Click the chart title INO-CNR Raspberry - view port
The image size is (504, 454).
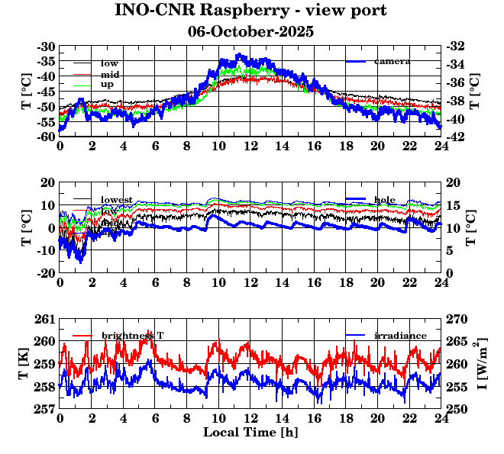coord(250,11)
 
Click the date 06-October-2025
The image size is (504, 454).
coord(250,32)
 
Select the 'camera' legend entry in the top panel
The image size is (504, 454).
coord(392,61)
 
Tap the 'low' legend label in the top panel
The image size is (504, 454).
coord(109,63)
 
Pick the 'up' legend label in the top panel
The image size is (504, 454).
coord(108,85)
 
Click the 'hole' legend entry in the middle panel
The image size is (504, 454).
coord(385,199)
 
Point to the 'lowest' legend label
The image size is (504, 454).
coord(117,200)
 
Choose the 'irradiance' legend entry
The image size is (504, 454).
coord(400,336)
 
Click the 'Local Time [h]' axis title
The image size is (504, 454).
coord(250,432)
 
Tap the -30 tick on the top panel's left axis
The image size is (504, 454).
coord(46,47)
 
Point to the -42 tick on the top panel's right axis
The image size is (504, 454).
coord(455,137)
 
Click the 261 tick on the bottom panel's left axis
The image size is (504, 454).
coord(45,318)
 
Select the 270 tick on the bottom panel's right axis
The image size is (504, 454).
coord(456,318)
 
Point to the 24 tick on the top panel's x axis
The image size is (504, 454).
coord(441,147)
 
